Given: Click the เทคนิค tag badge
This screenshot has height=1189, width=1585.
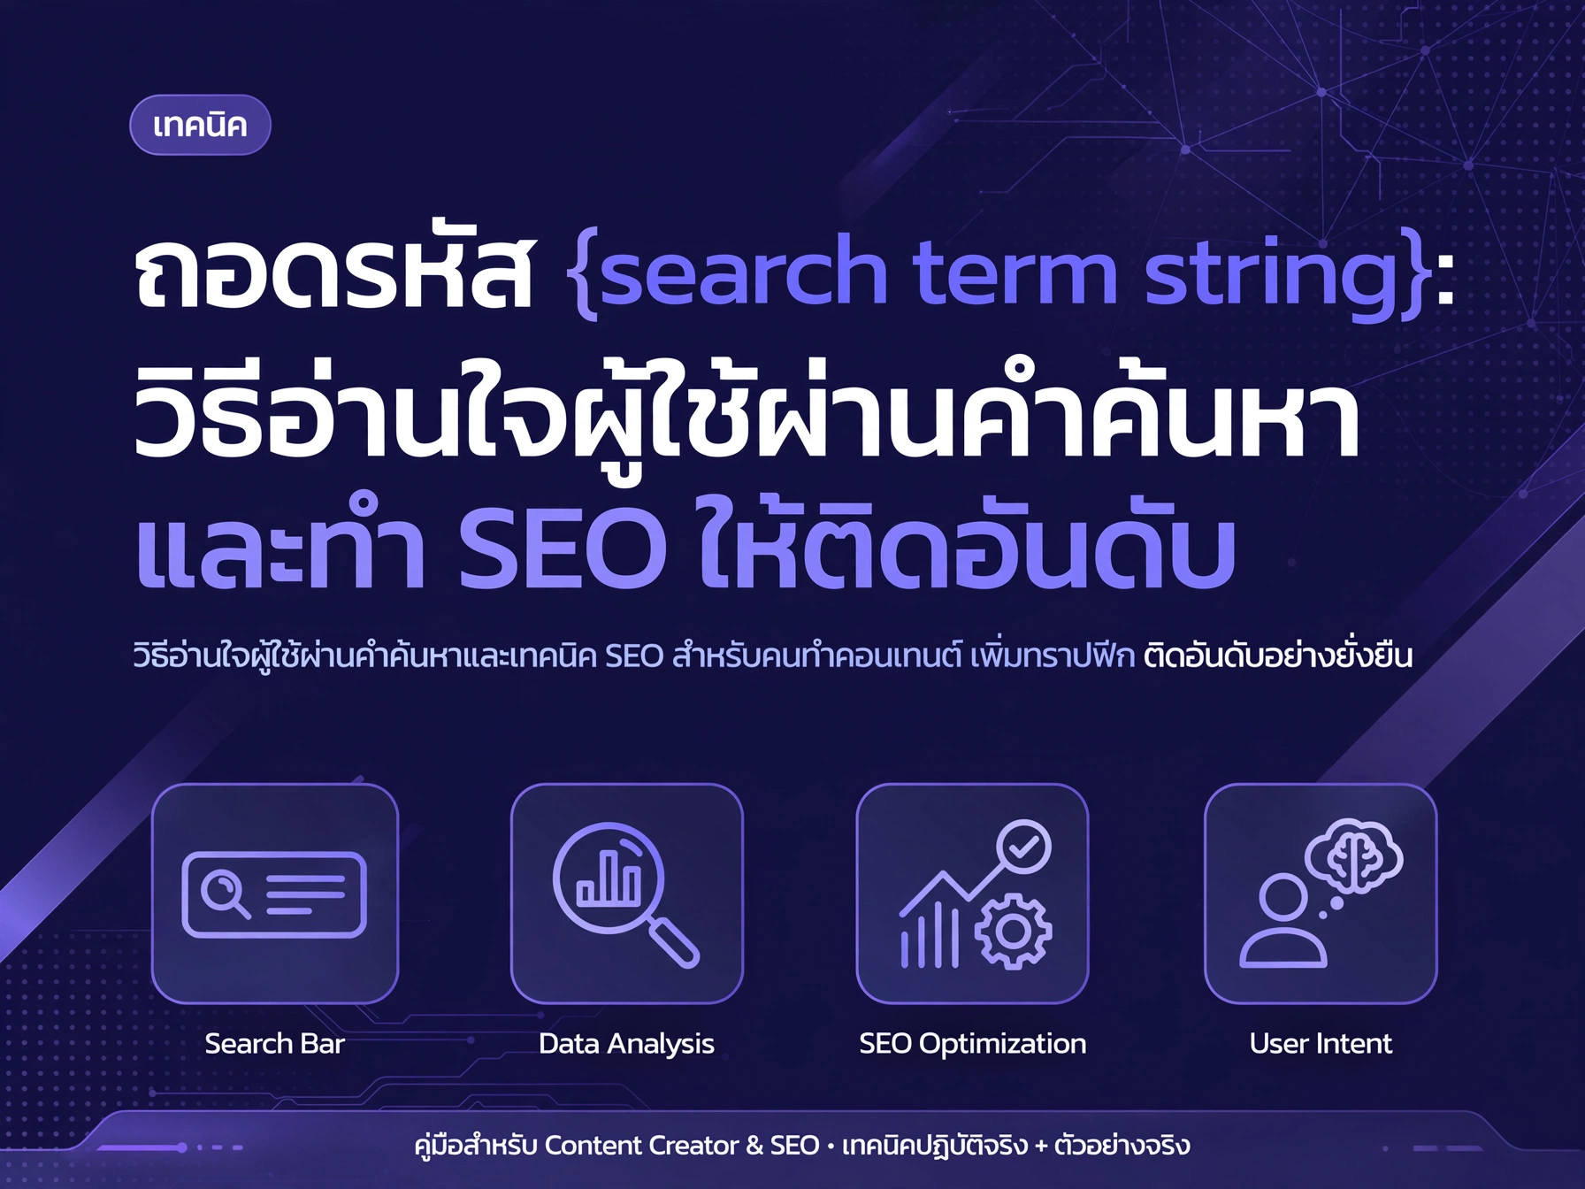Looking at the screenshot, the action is (x=200, y=125).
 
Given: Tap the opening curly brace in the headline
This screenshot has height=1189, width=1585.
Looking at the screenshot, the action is (x=582, y=272).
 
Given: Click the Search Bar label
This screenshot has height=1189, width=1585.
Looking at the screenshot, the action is (x=274, y=1044).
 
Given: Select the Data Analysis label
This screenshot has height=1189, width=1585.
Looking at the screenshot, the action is (x=626, y=1045).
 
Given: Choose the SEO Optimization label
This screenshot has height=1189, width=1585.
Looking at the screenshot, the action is (x=972, y=1045).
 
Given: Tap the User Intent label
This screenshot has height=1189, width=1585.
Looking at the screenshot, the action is (x=1321, y=1044).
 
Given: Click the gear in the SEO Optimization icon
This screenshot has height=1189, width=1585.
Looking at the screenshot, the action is (x=1014, y=931).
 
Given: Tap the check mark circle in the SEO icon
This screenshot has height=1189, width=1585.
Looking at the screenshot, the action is (x=1023, y=848).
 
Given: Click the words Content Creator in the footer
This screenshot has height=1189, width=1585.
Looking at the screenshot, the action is (x=641, y=1146).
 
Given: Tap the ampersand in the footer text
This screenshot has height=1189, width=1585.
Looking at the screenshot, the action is (x=754, y=1146).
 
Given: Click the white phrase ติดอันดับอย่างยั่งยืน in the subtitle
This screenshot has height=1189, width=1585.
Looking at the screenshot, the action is (x=1277, y=656).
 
